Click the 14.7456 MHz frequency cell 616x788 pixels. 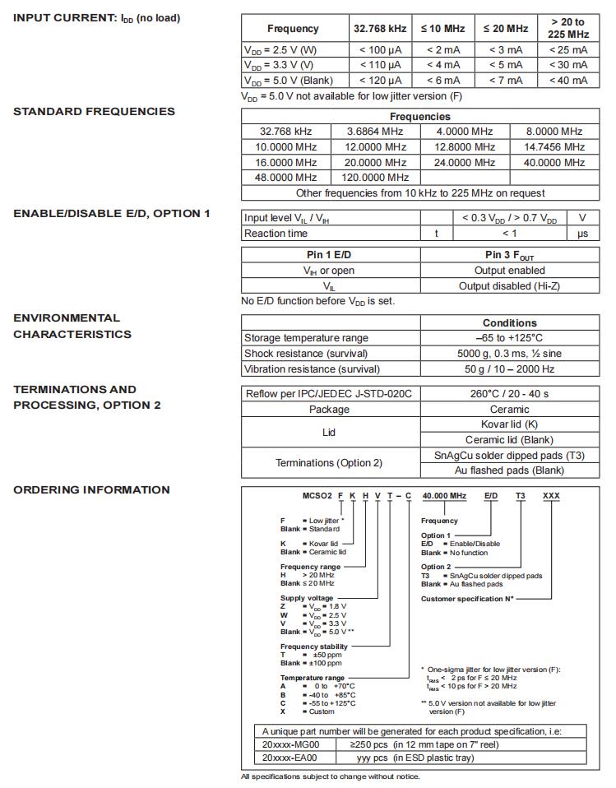(553, 147)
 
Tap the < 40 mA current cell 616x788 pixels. (567, 81)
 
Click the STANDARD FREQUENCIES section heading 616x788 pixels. (94, 112)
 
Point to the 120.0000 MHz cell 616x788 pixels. (375, 178)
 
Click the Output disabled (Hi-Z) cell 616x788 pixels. (509, 286)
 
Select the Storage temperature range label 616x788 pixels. (306, 338)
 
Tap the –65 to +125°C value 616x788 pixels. (509, 338)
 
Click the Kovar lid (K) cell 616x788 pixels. (509, 424)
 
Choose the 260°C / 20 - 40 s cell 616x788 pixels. (509, 394)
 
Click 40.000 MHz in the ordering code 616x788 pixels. (443, 498)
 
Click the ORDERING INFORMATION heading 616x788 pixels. (91, 490)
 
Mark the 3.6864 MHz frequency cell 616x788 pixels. (375, 132)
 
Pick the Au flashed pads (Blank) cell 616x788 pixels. (509, 470)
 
